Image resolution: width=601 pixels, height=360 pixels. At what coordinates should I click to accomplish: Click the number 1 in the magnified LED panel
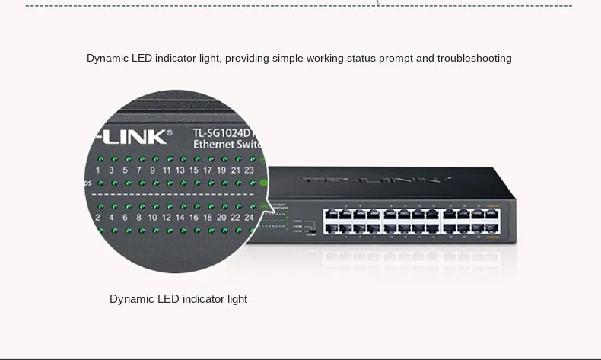[97, 170]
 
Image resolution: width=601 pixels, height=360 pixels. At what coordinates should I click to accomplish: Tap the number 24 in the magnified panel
[247, 217]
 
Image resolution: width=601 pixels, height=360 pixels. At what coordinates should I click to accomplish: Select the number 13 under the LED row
[180, 170]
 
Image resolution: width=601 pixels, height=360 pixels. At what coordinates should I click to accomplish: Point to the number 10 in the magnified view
[152, 217]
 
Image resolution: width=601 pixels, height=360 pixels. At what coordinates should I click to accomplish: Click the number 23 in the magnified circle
[249, 170]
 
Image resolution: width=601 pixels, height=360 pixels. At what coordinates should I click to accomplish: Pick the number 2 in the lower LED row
[97, 217]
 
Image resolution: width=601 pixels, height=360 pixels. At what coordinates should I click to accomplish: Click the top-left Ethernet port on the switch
[332, 213]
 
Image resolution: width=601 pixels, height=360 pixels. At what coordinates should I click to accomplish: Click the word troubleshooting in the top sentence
[474, 58]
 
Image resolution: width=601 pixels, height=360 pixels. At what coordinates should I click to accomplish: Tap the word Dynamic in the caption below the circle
[131, 299]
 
